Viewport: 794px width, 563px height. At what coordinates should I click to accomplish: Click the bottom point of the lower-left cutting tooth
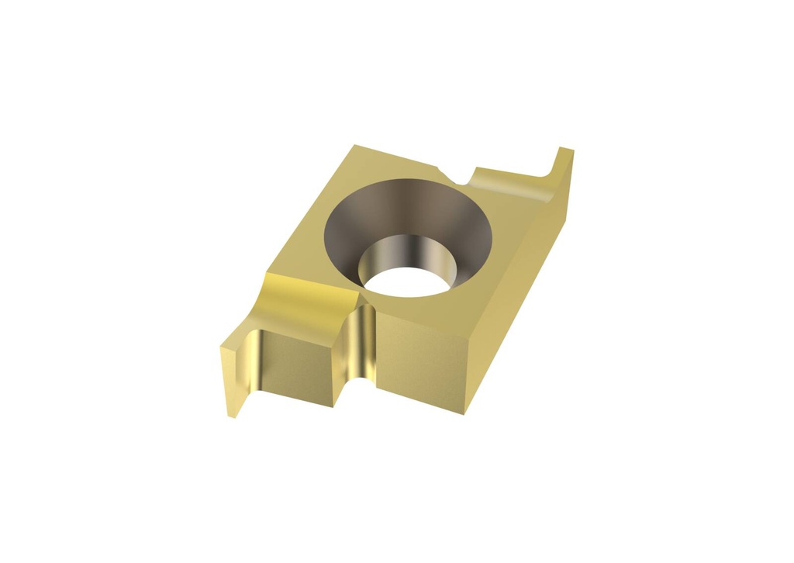(232, 416)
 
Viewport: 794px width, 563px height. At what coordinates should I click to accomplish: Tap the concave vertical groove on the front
(357, 341)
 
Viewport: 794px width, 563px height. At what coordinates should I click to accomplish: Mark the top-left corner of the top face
(354, 146)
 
